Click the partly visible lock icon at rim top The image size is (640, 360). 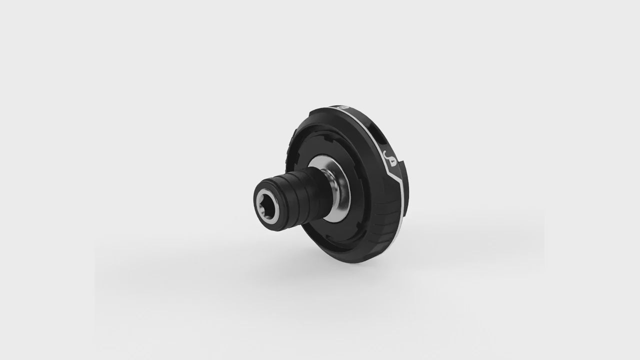click(x=340, y=106)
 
